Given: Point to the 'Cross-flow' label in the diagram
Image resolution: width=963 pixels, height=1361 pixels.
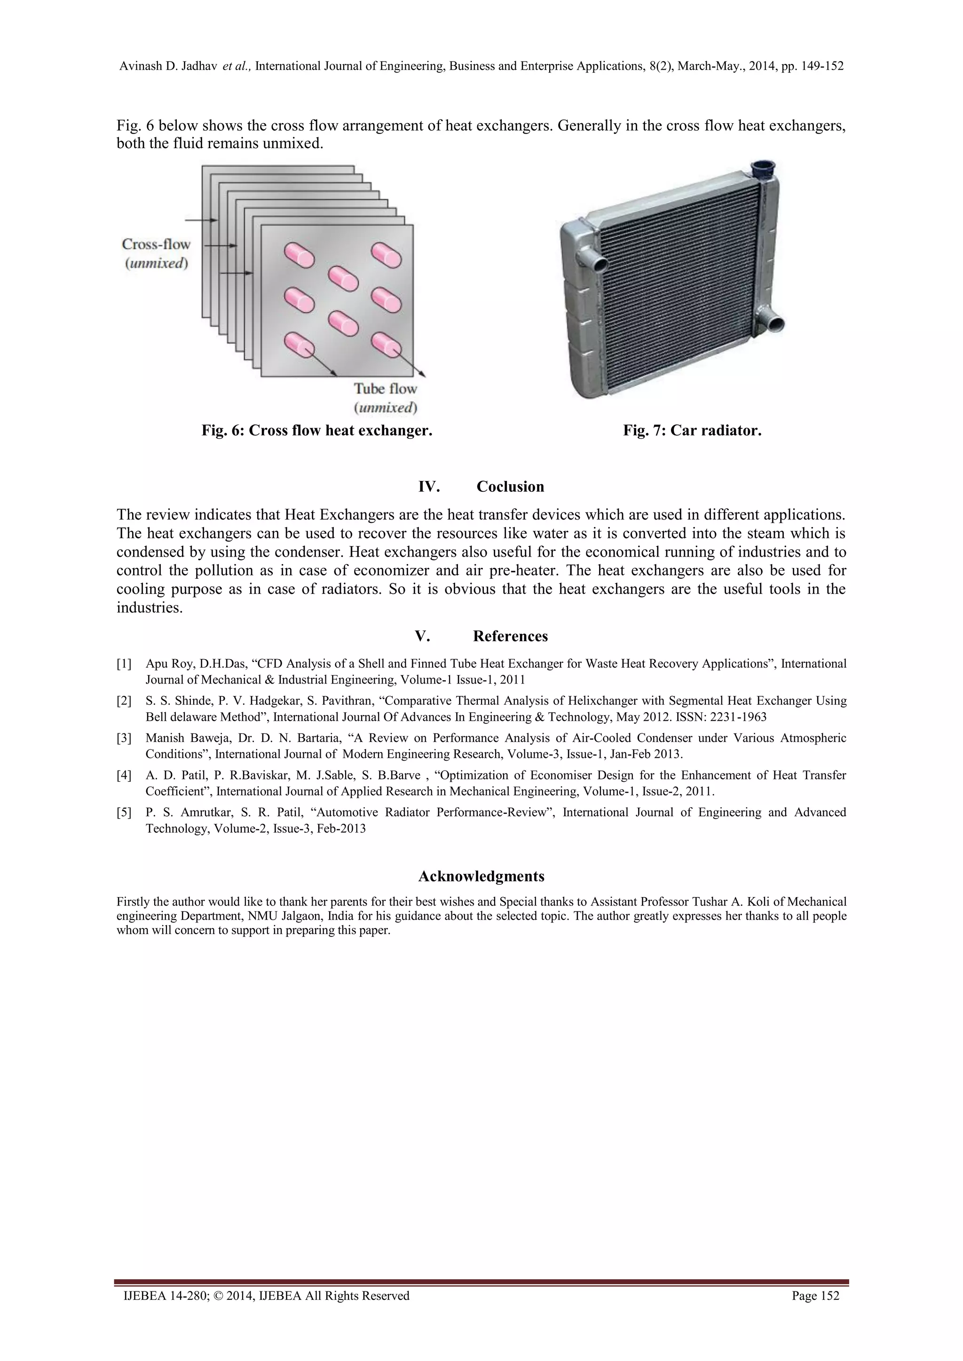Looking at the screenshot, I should coord(156,244).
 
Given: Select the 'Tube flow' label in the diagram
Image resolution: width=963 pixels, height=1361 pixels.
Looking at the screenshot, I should coord(386,389).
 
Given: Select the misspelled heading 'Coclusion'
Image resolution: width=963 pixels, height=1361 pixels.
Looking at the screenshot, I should coord(510,487).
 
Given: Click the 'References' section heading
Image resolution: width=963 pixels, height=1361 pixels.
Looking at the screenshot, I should coord(510,637).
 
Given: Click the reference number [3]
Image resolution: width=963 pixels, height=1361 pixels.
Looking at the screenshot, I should coord(124,738).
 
